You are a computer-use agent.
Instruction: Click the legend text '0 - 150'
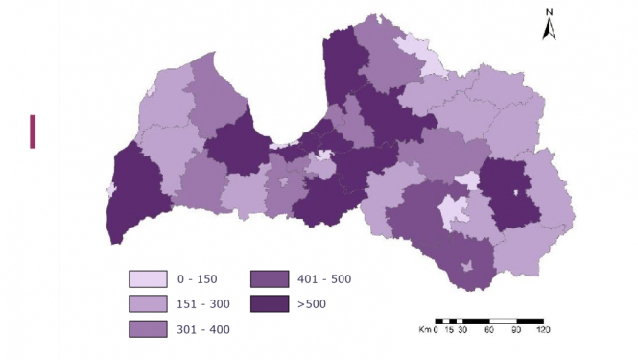(198, 279)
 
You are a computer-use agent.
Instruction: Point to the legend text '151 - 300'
(204, 304)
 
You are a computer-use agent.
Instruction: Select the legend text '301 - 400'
(204, 329)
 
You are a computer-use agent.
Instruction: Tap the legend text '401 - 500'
(325, 279)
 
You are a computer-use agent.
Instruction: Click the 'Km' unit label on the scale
(424, 330)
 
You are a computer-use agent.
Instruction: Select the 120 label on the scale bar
(543, 330)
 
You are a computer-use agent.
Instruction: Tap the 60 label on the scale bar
(489, 330)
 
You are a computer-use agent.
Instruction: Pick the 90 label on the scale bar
(516, 330)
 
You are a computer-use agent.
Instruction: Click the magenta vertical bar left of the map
(33, 132)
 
